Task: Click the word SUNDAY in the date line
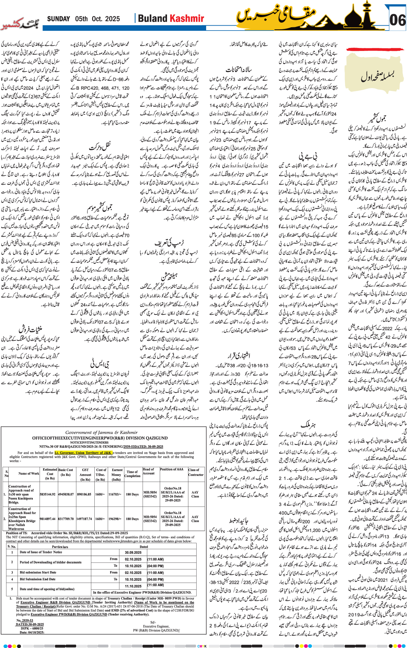pos(58,19)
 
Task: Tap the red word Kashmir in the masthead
pos(187,19)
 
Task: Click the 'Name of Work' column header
pos(29,474)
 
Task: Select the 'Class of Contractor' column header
pos(196,472)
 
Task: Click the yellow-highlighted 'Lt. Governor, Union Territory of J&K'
pos(83,453)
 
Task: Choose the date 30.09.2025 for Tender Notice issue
pos(133,552)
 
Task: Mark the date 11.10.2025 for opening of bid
pos(133,586)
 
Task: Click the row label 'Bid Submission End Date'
pos(38,579)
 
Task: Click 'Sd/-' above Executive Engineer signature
pos(153,622)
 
